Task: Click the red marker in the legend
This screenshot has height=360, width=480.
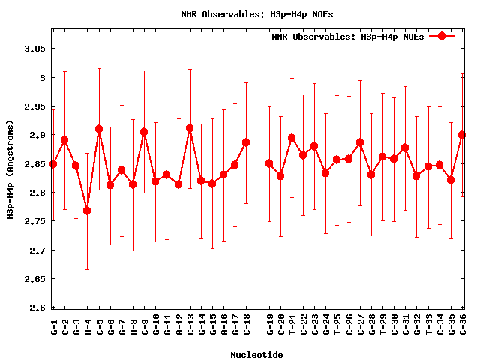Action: [442, 36]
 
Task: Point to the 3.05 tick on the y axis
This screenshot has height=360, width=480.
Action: [35, 49]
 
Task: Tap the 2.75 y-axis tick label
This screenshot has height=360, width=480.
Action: [35, 221]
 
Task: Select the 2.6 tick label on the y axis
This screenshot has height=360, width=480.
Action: [38, 307]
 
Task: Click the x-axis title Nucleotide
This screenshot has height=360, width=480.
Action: [256, 354]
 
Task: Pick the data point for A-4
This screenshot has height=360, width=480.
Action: [87, 211]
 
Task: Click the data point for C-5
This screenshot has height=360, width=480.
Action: [99, 129]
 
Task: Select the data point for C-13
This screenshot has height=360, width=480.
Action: [190, 128]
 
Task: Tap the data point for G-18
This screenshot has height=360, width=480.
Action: [246, 142]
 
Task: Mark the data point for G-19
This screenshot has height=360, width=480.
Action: [269, 163]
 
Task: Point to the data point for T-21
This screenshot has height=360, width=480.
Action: [292, 138]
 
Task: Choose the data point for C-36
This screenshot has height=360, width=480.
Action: [462, 135]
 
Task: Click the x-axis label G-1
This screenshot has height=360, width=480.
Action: [53, 327]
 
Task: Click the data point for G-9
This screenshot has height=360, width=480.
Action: [144, 132]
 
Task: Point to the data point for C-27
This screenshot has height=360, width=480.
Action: [360, 142]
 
